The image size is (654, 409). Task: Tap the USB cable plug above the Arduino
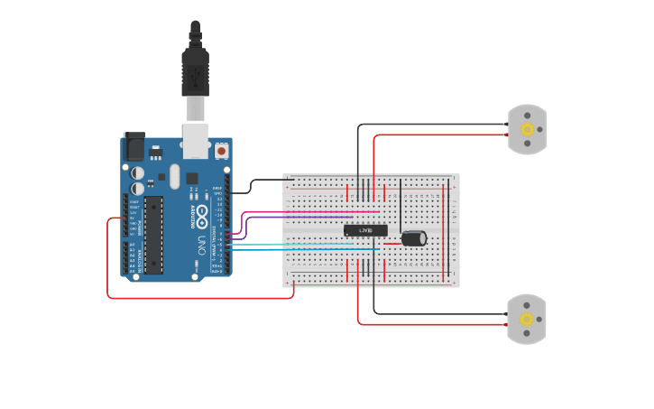coord(196,72)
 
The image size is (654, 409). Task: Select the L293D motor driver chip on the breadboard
coord(365,231)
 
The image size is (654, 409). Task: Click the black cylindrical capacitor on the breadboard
coord(414,237)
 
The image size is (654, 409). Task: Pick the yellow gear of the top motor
coord(528,129)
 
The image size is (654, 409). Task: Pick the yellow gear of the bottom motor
coord(527,319)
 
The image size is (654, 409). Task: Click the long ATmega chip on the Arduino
coord(154,234)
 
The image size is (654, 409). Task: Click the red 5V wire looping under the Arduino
coord(198,297)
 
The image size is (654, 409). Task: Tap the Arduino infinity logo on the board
coord(203,216)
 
